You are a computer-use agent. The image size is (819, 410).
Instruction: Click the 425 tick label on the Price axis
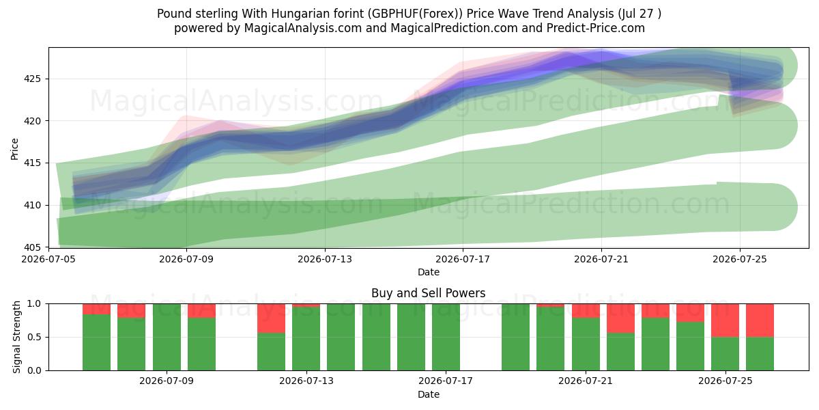[32, 79]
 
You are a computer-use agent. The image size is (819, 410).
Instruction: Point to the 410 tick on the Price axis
[32, 206]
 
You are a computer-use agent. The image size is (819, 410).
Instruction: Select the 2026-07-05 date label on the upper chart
[48, 259]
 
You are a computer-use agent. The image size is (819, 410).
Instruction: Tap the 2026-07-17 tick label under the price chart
[463, 259]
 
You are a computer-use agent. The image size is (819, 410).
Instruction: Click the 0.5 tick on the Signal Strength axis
[34, 337]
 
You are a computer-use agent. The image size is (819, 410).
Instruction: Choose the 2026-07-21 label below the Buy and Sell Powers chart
[586, 381]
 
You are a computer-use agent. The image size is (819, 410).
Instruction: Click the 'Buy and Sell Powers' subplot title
[428, 293]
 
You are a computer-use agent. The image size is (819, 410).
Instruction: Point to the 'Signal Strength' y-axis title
[16, 337]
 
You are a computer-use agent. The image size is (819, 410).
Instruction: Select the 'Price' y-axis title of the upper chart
[14, 149]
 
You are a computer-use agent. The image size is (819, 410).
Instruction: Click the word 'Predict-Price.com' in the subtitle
[596, 28]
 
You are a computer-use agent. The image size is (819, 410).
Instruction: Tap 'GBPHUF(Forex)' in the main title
[415, 14]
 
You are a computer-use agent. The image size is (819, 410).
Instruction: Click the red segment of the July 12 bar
[271, 318]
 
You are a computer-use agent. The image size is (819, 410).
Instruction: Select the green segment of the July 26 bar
[760, 354]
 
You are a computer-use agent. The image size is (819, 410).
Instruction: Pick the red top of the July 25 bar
[725, 320]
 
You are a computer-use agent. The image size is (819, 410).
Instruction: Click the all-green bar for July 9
[167, 337]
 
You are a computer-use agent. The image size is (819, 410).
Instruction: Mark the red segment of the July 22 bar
[620, 318]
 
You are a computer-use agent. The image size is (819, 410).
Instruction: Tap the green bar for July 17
[446, 337]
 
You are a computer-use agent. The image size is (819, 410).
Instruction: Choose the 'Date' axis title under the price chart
[429, 273]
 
